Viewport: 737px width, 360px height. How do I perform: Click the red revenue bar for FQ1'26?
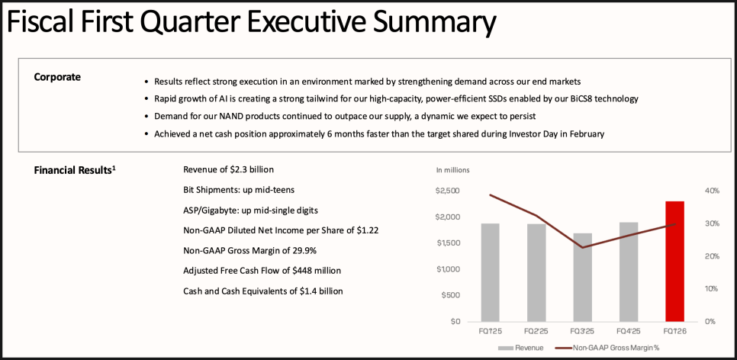(x=674, y=261)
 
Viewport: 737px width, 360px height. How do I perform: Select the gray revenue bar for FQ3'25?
(x=582, y=277)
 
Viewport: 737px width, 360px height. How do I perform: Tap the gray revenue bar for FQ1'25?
(x=490, y=272)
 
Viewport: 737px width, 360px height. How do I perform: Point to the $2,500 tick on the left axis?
(x=448, y=191)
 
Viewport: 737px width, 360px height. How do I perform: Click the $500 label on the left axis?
(x=450, y=295)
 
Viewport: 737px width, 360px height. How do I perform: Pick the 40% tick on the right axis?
(x=711, y=191)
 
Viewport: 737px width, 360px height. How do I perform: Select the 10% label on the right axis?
(x=710, y=288)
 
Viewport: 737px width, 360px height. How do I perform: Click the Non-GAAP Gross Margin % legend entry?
(x=610, y=348)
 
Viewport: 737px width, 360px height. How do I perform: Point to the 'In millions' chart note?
(x=453, y=169)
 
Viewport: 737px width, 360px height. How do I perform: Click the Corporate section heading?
(x=57, y=77)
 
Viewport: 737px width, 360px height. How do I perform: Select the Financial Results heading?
(x=75, y=170)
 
